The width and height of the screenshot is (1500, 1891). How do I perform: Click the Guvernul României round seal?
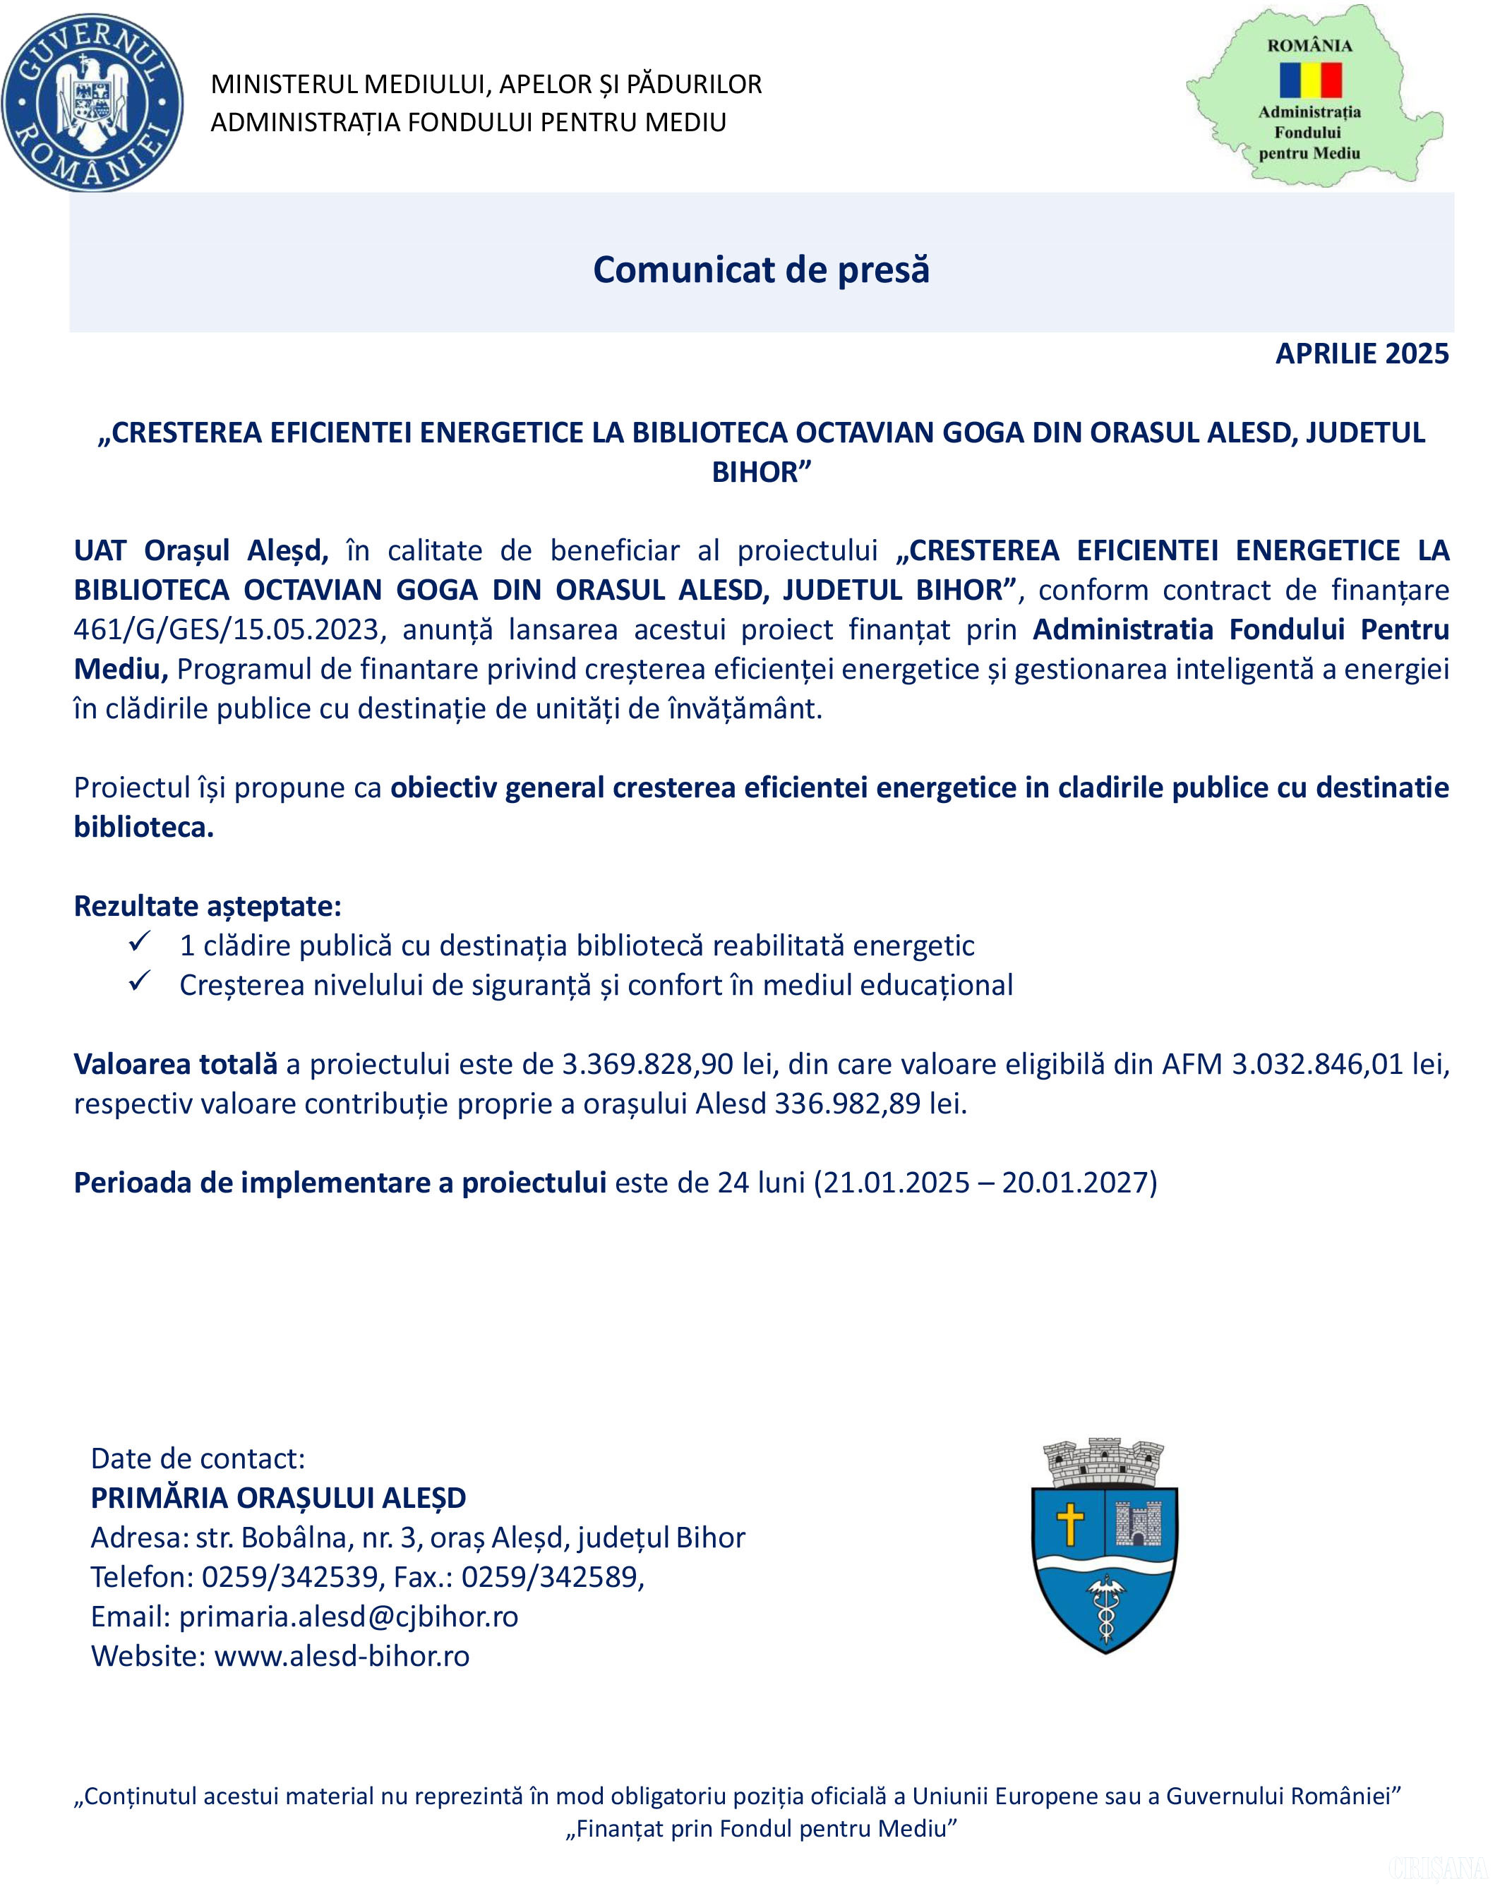coord(93,102)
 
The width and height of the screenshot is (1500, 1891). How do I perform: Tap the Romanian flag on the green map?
coord(1309,80)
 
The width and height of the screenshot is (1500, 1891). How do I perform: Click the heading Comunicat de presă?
coord(760,270)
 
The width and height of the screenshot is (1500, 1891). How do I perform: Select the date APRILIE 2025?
coord(1362,354)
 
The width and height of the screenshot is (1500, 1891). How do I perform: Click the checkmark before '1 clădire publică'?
coord(140,943)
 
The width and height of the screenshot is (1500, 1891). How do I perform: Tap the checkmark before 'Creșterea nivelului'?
coord(140,982)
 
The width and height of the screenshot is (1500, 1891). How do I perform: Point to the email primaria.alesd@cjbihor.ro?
coord(348,1617)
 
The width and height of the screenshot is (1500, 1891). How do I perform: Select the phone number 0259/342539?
coord(290,1577)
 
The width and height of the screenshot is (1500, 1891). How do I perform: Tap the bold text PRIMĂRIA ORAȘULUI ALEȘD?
coord(278,1498)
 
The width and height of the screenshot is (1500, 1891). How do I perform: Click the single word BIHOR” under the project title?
coord(760,472)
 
